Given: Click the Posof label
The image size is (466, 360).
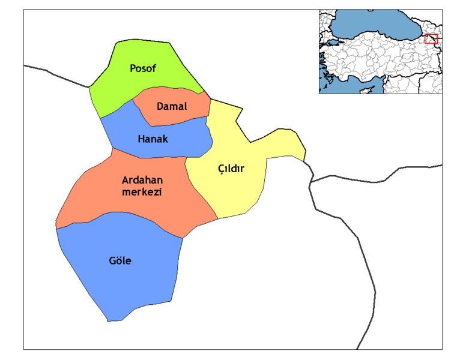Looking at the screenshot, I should (143, 68).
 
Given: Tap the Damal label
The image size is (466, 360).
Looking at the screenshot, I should (172, 107).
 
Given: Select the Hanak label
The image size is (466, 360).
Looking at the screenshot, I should (153, 139).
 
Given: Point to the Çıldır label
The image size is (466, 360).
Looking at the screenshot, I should (231, 169).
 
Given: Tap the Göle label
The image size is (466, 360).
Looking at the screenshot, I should (120, 261).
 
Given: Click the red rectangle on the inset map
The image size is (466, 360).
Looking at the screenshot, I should (431, 39).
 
